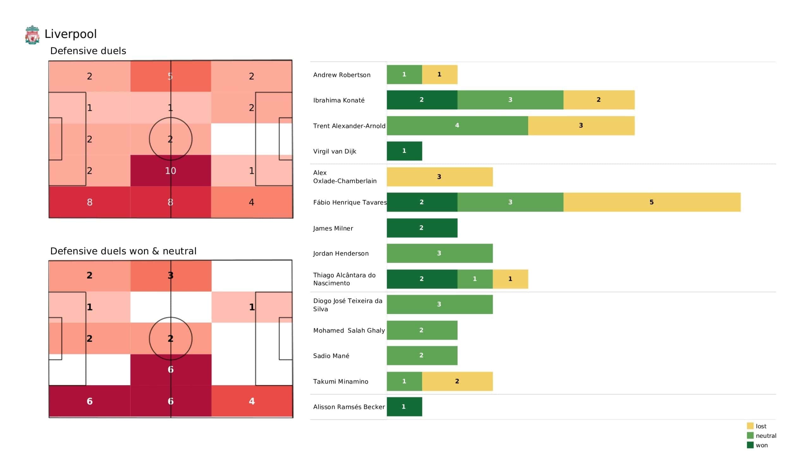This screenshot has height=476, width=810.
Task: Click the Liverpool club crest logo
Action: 32,34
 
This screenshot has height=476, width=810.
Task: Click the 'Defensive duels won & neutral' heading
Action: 123,251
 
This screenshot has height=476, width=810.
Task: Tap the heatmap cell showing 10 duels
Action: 170,171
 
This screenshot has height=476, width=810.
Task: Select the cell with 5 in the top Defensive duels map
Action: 170,76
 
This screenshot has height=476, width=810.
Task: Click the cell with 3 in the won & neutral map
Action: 170,276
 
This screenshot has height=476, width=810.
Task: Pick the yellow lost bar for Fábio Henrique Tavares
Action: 651,202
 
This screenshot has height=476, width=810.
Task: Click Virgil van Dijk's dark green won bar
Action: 404,151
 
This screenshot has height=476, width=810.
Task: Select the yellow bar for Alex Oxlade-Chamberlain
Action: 439,177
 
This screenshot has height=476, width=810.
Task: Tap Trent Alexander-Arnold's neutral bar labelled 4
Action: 457,126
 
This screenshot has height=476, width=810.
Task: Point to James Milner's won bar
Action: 422,228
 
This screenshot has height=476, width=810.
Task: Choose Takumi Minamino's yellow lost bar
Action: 457,381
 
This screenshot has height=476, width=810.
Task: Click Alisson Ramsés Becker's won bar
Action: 404,407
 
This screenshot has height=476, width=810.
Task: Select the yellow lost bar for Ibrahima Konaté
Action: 599,100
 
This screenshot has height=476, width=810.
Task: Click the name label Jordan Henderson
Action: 341,254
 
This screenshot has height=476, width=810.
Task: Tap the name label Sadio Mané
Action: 331,356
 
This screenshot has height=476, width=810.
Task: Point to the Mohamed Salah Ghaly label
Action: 349,331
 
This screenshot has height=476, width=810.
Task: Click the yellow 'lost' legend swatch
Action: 750,426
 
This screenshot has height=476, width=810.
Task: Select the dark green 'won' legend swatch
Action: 750,445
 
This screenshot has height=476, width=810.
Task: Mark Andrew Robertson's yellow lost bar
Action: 439,75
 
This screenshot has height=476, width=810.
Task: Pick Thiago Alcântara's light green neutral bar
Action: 475,279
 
